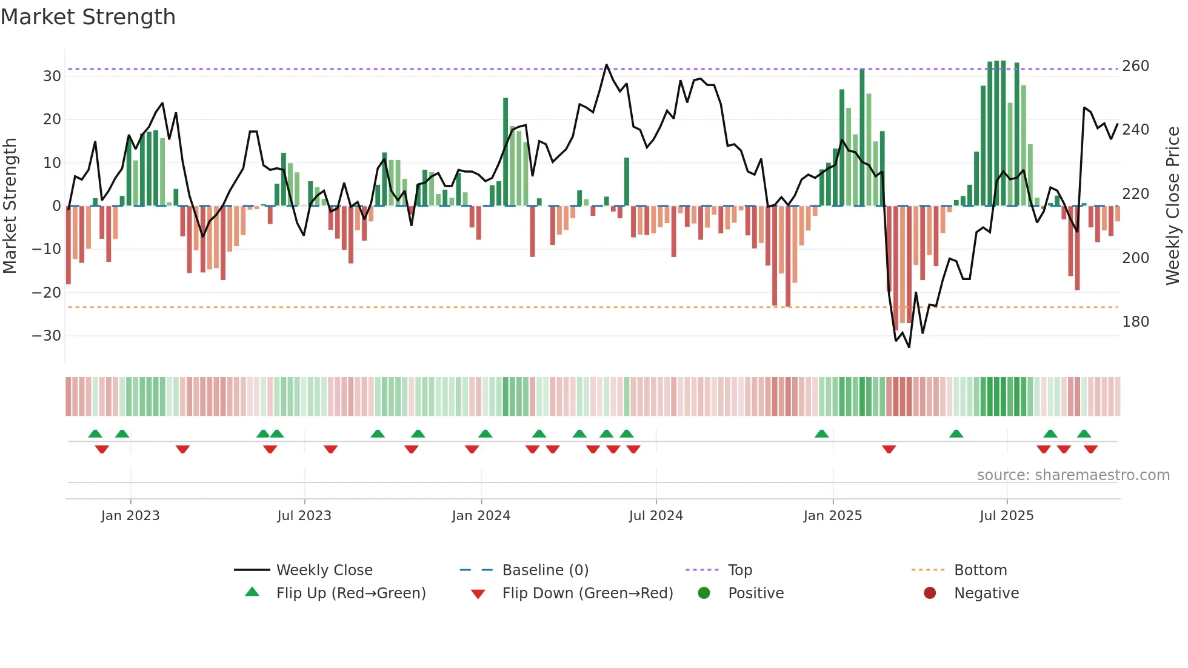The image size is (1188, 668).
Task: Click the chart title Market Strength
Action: point(88,17)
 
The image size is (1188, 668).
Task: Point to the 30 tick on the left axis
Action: point(52,76)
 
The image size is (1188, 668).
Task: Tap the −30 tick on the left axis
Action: point(47,336)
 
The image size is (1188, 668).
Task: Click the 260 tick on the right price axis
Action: point(1135,66)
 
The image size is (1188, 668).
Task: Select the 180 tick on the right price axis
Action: point(1135,322)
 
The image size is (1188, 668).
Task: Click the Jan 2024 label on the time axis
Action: point(481,516)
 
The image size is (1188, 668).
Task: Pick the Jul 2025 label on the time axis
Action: point(1006,516)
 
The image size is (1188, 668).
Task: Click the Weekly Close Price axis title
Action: point(1173,206)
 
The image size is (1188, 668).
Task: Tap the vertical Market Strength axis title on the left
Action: point(10,206)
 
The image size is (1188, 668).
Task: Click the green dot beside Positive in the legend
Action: point(704,593)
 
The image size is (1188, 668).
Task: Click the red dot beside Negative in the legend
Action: point(930,593)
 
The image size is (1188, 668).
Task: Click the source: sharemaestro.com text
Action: point(1073,475)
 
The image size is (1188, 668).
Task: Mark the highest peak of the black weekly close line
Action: point(606,65)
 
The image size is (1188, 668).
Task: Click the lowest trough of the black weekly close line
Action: point(909,347)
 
